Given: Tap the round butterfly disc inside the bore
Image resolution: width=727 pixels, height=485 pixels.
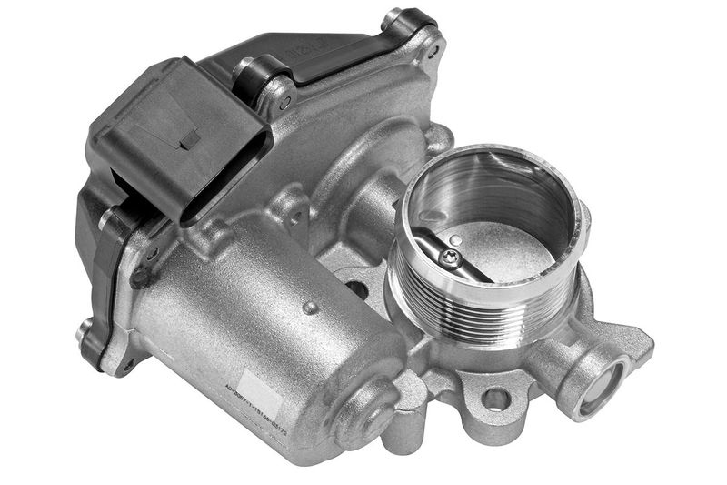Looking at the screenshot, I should pos(491,246).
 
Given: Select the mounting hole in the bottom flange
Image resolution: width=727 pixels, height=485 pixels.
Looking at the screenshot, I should pos(495,398).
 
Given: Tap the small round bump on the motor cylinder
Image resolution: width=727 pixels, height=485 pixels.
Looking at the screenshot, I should pos(311,308).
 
